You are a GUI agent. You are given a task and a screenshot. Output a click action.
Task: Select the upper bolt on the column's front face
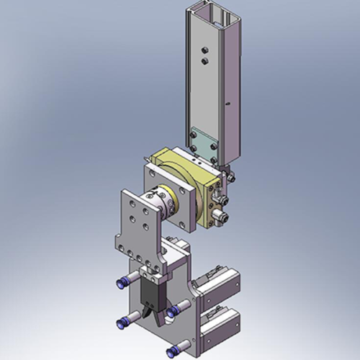click(x=204, y=51)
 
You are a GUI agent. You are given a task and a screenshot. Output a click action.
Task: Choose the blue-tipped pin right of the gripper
click(x=173, y=312)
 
